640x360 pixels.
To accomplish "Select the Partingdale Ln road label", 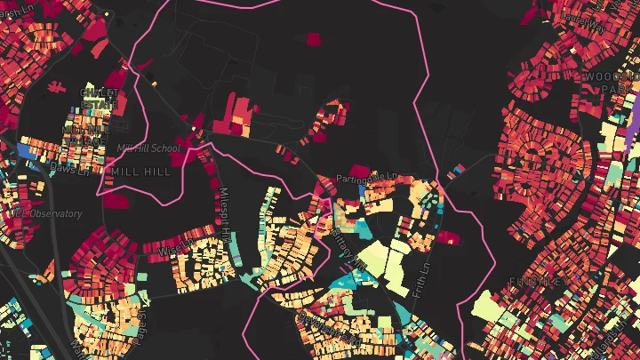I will click(369, 176).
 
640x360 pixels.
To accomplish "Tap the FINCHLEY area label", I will click(537, 281).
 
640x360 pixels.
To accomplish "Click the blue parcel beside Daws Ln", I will click(27, 152).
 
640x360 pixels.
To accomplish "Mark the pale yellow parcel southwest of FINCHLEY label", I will click(493, 311).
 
